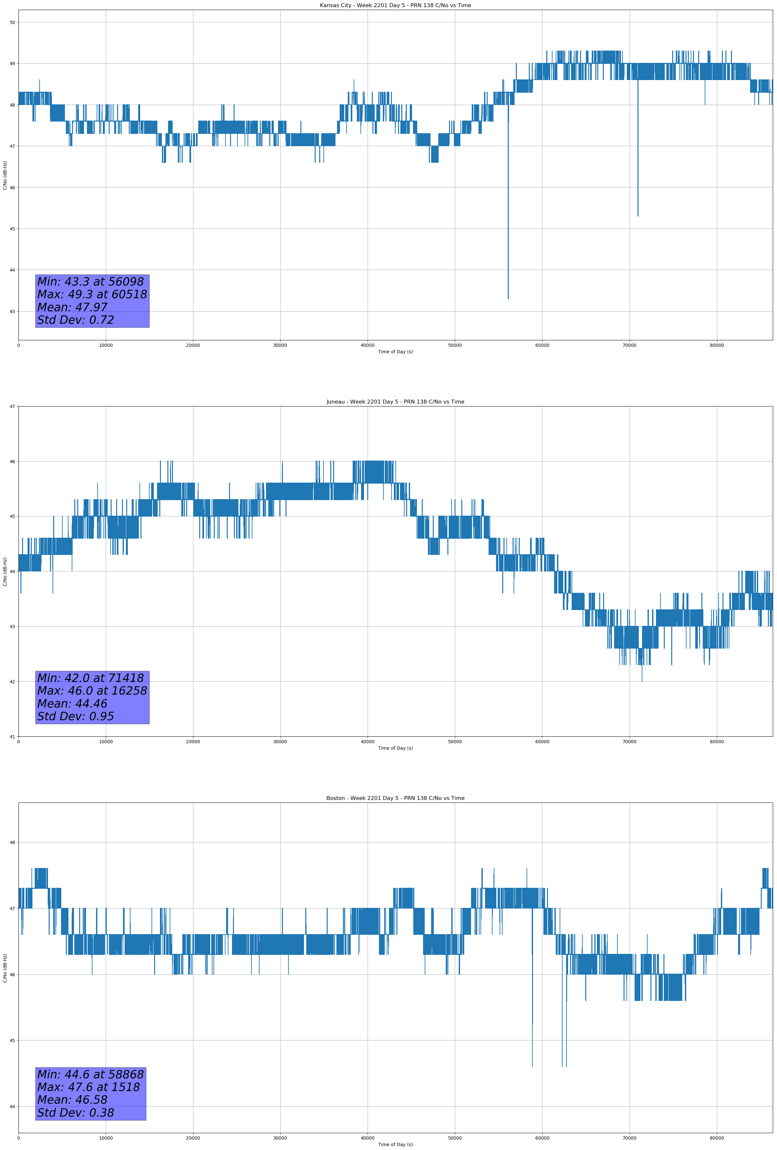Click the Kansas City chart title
pos(395,6)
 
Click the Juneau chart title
pos(395,402)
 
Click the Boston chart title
pos(395,798)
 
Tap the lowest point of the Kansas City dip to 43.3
pos(508,299)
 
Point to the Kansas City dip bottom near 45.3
pos(638,216)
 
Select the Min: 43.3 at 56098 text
pos(91,282)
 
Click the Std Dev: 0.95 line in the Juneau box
pos(76,717)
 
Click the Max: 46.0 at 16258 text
pos(92,691)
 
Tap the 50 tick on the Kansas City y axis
pos(12,22)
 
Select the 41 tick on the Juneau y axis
pos(12,737)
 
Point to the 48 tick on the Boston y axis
pos(12,842)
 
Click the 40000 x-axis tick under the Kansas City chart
pos(368,346)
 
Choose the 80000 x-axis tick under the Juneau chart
pos(717,742)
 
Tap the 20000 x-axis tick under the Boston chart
pos(193,1138)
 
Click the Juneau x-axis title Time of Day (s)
pos(395,748)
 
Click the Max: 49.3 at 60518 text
pos(92,294)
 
